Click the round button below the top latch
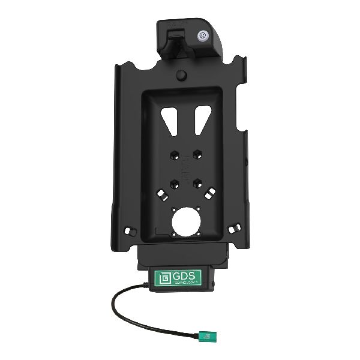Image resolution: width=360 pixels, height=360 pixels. [181, 76]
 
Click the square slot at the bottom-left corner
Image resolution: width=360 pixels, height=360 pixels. [129, 230]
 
